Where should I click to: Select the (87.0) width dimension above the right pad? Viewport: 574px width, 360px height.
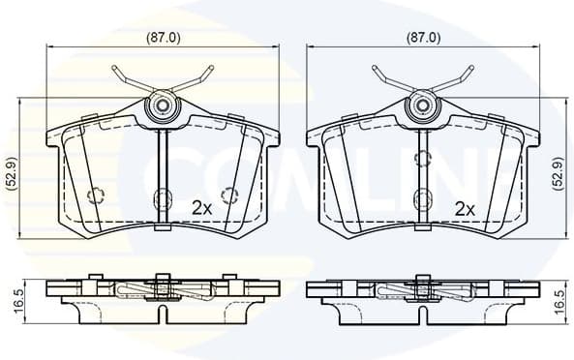pyautogui.click(x=422, y=39)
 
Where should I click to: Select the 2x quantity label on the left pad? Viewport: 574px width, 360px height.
pyautogui.click(x=201, y=207)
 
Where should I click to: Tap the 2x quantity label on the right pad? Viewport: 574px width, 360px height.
pyautogui.click(x=464, y=207)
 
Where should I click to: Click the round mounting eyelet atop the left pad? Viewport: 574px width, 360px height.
pyautogui.click(x=163, y=105)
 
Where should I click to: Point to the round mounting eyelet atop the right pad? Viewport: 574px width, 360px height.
pyautogui.click(x=422, y=105)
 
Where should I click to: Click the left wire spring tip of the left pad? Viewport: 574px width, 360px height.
pyautogui.click(x=115, y=69)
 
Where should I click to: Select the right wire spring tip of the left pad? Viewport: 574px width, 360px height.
pyautogui.click(x=210, y=69)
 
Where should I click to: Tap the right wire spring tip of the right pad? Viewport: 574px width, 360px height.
pyautogui.click(x=469, y=69)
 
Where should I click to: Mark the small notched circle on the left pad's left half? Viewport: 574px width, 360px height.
pyautogui.click(x=96, y=195)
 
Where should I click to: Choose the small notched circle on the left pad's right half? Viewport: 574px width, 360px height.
pyautogui.click(x=230, y=195)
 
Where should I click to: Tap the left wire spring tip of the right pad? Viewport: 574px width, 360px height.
pyautogui.click(x=375, y=69)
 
